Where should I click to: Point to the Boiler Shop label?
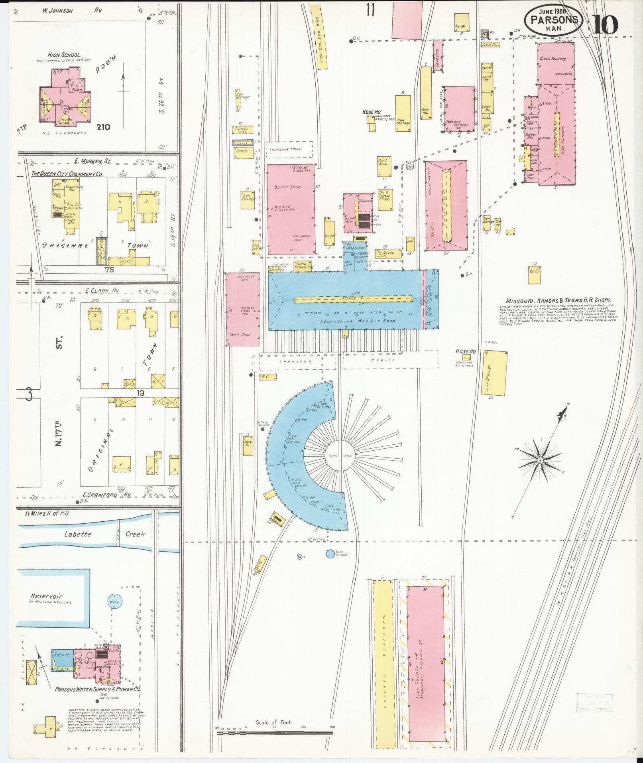[287, 187]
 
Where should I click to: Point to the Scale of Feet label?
[274, 722]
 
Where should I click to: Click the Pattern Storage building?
[459, 108]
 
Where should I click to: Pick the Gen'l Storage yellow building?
[494, 373]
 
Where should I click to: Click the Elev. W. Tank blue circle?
[330, 554]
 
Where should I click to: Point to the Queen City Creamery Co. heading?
[67, 174]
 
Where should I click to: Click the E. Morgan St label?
[92, 161]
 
